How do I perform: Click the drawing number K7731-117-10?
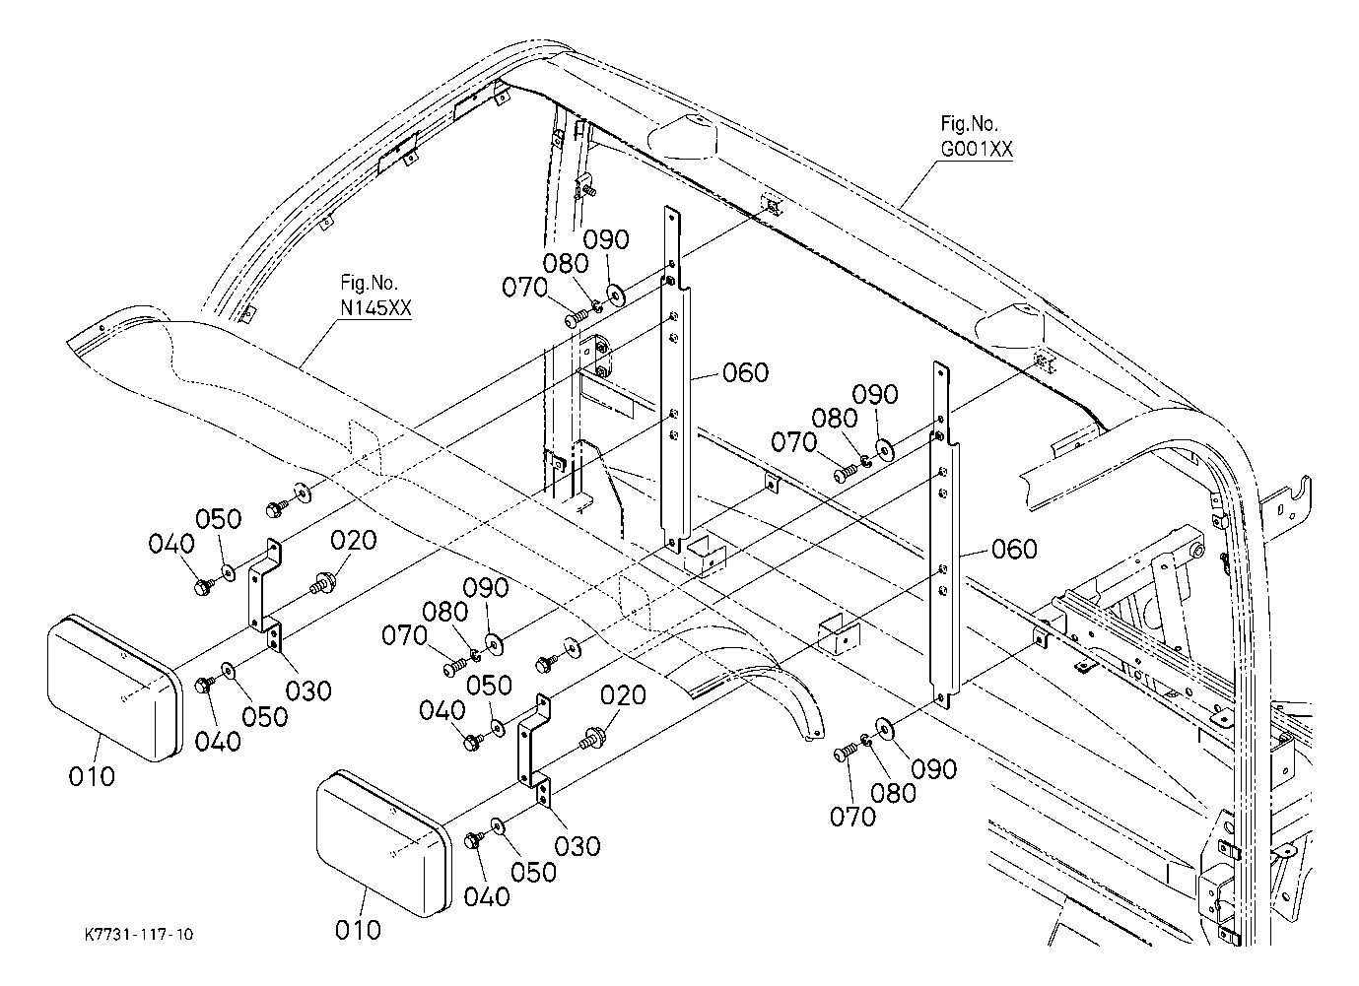click(x=139, y=935)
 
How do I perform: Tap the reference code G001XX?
click(x=977, y=149)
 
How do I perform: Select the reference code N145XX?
click(x=375, y=308)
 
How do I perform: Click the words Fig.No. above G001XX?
click(x=970, y=124)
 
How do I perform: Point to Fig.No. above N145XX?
click(x=369, y=283)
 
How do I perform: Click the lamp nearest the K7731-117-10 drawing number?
click(x=114, y=689)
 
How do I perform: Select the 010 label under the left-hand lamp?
click(x=92, y=777)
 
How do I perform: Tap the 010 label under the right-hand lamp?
click(x=359, y=930)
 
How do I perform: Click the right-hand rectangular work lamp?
click(x=384, y=843)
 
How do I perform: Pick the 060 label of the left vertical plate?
click(x=746, y=372)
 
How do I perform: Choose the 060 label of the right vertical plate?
click(x=1014, y=549)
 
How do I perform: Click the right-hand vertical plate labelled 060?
click(x=944, y=535)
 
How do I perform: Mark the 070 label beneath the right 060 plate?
click(x=853, y=817)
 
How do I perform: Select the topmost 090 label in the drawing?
click(x=606, y=240)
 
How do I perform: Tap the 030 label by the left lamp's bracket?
click(x=308, y=690)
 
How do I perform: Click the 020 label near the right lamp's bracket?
click(x=623, y=695)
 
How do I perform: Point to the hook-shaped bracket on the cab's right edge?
click(x=1285, y=509)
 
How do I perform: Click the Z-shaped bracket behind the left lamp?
click(x=266, y=585)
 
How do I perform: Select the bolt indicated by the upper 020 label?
click(x=322, y=583)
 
